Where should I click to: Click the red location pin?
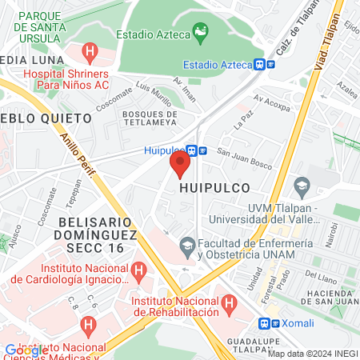click(x=179, y=164)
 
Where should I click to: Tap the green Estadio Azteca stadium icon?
click(x=201, y=34)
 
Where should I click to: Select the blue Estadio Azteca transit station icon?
click(x=259, y=65)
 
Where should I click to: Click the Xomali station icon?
click(x=265, y=324)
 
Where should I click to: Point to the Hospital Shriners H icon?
click(x=90, y=54)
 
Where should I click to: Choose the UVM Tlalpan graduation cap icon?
click(x=301, y=190)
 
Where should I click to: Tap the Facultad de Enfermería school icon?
click(x=188, y=244)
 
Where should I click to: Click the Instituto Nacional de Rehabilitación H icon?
click(x=230, y=303)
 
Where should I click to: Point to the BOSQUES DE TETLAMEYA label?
click(x=155, y=118)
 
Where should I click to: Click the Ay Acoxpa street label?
click(x=272, y=102)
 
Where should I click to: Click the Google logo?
click(x=23, y=350)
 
